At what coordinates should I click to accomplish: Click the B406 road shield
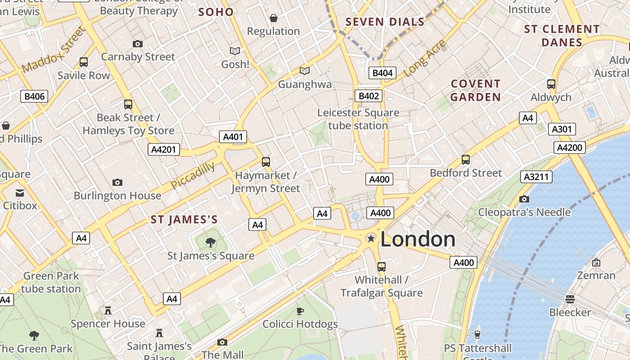[34, 96]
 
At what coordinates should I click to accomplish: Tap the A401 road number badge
[233, 137]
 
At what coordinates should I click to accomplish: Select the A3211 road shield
[536, 177]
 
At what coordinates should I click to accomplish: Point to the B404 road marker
[382, 73]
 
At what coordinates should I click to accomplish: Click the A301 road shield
[562, 130]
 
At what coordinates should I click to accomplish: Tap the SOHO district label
[216, 12]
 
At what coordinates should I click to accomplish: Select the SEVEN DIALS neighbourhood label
[385, 22]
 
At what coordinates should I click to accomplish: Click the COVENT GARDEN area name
[476, 90]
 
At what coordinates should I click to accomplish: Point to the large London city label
[418, 239]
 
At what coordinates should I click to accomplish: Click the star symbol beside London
[371, 238]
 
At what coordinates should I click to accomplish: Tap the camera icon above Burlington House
[117, 182]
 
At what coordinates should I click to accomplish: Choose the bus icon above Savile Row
[84, 62]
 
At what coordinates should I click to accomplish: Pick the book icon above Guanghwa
[305, 71]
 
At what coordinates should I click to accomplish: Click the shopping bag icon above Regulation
[273, 18]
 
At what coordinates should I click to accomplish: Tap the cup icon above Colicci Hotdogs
[300, 311]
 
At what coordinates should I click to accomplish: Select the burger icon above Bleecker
[570, 299]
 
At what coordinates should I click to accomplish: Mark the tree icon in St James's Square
[210, 243]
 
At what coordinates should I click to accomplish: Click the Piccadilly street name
[193, 175]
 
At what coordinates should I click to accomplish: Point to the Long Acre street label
[425, 58]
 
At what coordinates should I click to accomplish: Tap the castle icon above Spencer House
[108, 310]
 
